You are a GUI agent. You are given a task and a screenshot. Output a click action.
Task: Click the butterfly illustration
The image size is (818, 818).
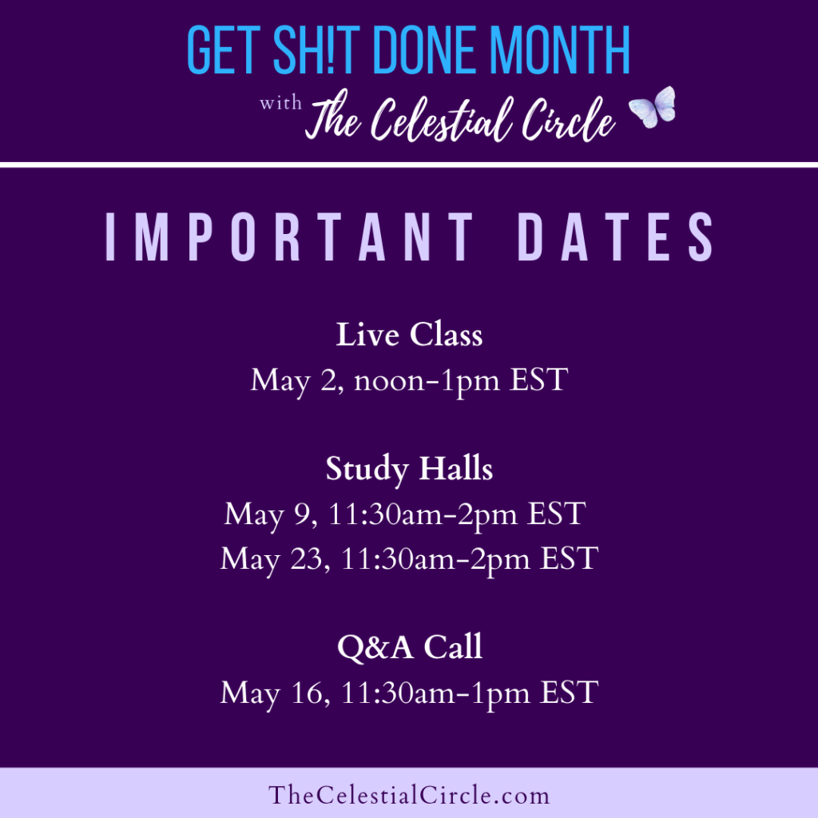653,107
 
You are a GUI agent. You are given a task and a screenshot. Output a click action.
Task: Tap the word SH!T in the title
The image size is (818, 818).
316,50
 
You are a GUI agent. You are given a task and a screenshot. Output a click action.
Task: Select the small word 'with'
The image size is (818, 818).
280,102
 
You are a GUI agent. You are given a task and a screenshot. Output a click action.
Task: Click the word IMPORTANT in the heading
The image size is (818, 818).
289,236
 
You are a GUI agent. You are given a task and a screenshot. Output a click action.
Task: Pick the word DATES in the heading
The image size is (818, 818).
615,236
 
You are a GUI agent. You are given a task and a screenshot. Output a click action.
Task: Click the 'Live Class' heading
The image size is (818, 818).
409,334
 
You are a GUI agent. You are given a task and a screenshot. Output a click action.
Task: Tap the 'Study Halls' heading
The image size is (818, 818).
409,468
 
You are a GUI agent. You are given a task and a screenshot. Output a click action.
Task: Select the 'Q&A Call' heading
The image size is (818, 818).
410,647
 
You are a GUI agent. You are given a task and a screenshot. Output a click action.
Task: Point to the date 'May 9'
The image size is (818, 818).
270,515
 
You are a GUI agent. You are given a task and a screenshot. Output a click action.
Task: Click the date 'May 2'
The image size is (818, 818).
296,381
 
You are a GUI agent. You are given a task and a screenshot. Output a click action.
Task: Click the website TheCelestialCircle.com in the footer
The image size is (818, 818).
409,795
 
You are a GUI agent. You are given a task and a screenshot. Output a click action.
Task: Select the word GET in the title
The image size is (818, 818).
224,50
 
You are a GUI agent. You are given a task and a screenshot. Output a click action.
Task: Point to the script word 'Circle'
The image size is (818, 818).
569,119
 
